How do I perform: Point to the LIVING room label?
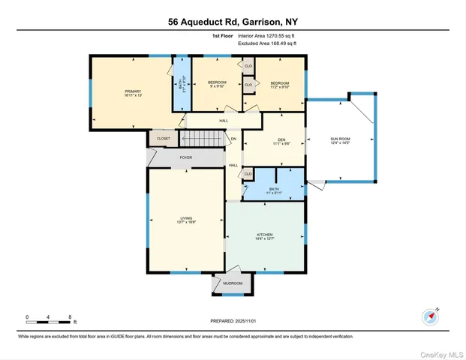(x=185, y=220)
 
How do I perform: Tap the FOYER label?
(x=185, y=158)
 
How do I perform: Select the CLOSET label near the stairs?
(x=164, y=139)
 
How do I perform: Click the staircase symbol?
(x=204, y=138)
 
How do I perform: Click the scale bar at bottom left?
(x=48, y=320)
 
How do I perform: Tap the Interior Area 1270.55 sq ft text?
(x=267, y=35)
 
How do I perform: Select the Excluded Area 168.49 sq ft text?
(x=267, y=43)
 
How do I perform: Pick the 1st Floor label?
(x=222, y=35)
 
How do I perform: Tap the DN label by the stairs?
(x=233, y=139)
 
